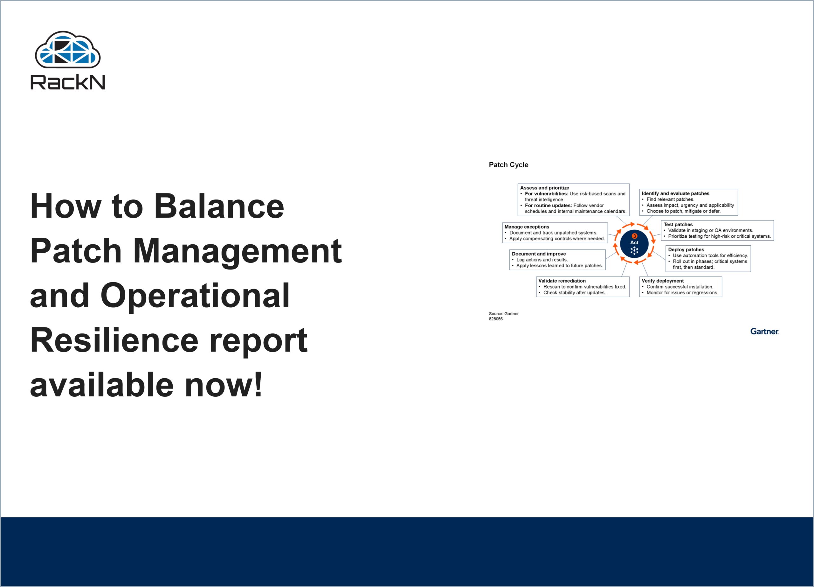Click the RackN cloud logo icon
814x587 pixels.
point(67,50)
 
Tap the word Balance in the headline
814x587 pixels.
point(219,206)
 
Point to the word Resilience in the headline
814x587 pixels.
point(114,340)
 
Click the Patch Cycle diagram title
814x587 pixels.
point(508,165)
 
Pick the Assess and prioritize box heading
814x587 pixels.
point(544,188)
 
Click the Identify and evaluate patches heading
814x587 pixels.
point(675,193)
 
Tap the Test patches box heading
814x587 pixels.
point(678,224)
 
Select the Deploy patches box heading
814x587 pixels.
point(686,249)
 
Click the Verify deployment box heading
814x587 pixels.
point(663,281)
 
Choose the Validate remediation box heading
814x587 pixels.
point(562,281)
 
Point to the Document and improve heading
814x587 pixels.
point(539,254)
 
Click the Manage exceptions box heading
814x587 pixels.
point(527,227)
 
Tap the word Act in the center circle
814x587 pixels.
point(634,243)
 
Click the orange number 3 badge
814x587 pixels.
point(634,236)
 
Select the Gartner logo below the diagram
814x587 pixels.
point(764,332)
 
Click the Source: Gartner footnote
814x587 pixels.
point(504,314)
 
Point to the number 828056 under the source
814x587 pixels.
point(496,319)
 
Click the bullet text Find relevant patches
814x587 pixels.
point(670,199)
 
